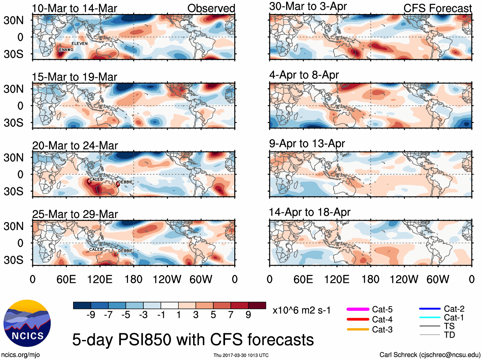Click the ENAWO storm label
66,50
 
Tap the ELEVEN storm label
79,44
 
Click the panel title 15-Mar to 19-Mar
74,77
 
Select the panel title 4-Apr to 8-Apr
304,75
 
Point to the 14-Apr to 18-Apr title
310,212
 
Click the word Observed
211,8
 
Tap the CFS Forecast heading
437,8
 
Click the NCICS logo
27,323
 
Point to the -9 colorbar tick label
91,315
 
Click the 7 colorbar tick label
231,315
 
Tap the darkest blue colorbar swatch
82,305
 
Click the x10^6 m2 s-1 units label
302,310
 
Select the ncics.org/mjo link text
20,355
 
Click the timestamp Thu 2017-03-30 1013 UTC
241,355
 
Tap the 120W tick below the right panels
404,280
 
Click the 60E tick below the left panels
66,280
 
